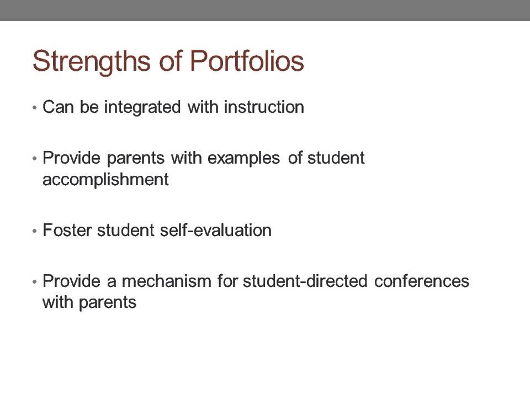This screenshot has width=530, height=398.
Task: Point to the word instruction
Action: click(x=264, y=107)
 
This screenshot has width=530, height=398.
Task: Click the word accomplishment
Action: click(x=105, y=180)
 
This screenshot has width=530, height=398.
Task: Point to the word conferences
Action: click(x=422, y=281)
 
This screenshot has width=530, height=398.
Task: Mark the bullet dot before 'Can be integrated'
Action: click(x=35, y=108)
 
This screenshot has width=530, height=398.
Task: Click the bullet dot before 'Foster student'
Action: click(x=35, y=231)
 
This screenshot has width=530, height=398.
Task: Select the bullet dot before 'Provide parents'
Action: click(x=35, y=159)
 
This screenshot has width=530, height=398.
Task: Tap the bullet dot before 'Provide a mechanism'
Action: click(x=35, y=282)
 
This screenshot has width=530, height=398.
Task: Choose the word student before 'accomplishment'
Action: click(x=336, y=158)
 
